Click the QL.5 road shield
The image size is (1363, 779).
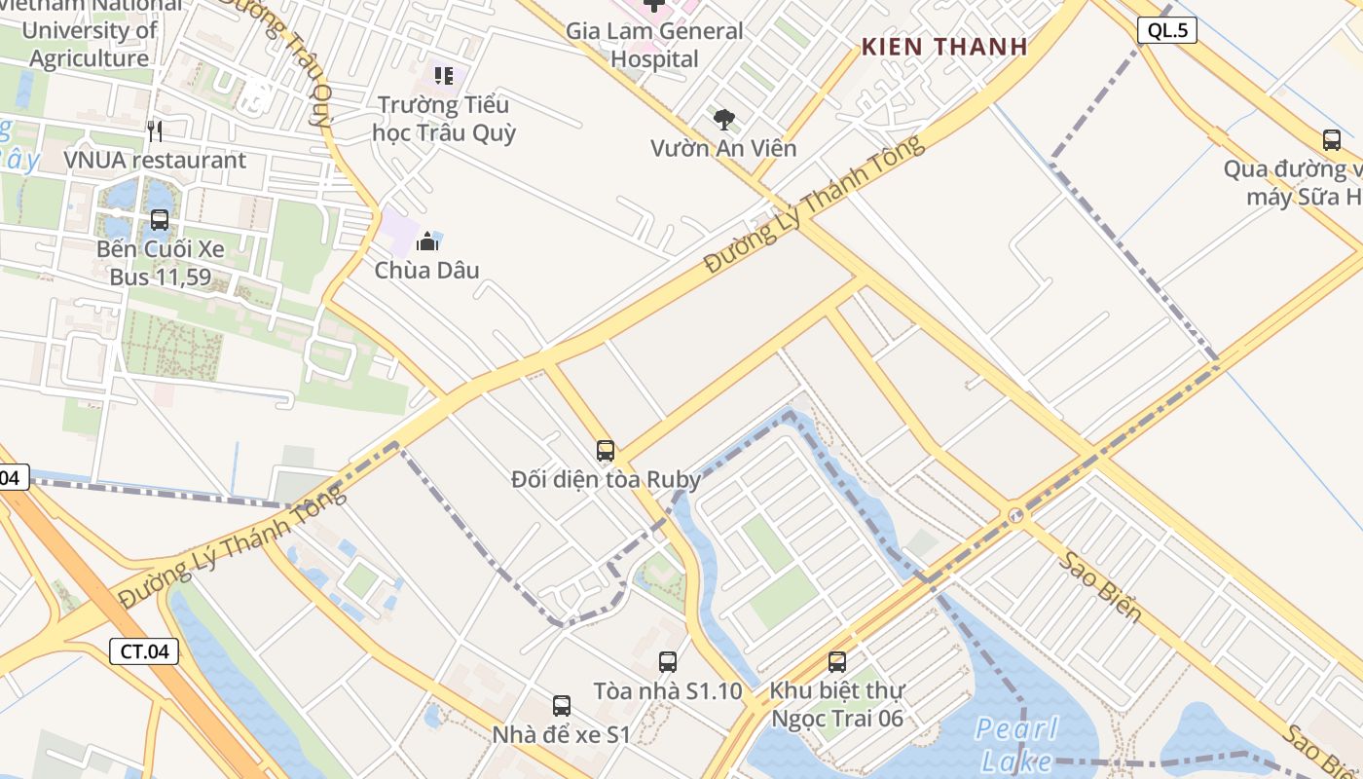[x=1166, y=30]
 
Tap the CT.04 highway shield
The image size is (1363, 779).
[x=144, y=651]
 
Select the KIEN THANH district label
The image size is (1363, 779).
[x=944, y=47]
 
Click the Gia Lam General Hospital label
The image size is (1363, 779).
[x=654, y=45]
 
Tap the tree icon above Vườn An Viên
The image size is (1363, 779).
[x=723, y=120]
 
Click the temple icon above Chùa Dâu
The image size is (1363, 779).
[x=427, y=241]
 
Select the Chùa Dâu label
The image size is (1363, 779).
[x=427, y=270]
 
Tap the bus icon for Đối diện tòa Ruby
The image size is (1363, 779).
[x=606, y=451]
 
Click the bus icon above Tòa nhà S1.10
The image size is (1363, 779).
[x=668, y=662]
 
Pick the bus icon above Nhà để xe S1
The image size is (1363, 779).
[x=562, y=706]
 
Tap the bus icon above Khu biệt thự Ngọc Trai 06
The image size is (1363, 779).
[x=837, y=662]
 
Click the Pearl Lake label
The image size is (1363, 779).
[x=1017, y=744]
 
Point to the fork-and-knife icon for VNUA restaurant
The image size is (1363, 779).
[x=155, y=130]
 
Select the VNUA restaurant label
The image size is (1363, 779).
[x=155, y=160]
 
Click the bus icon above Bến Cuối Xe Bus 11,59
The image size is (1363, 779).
[x=160, y=220]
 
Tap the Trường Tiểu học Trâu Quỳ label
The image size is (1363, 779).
[x=444, y=118]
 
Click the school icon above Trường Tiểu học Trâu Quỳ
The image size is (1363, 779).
[x=444, y=75]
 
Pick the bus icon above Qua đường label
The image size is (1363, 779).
[x=1332, y=140]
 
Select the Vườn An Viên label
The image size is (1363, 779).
[x=723, y=148]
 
